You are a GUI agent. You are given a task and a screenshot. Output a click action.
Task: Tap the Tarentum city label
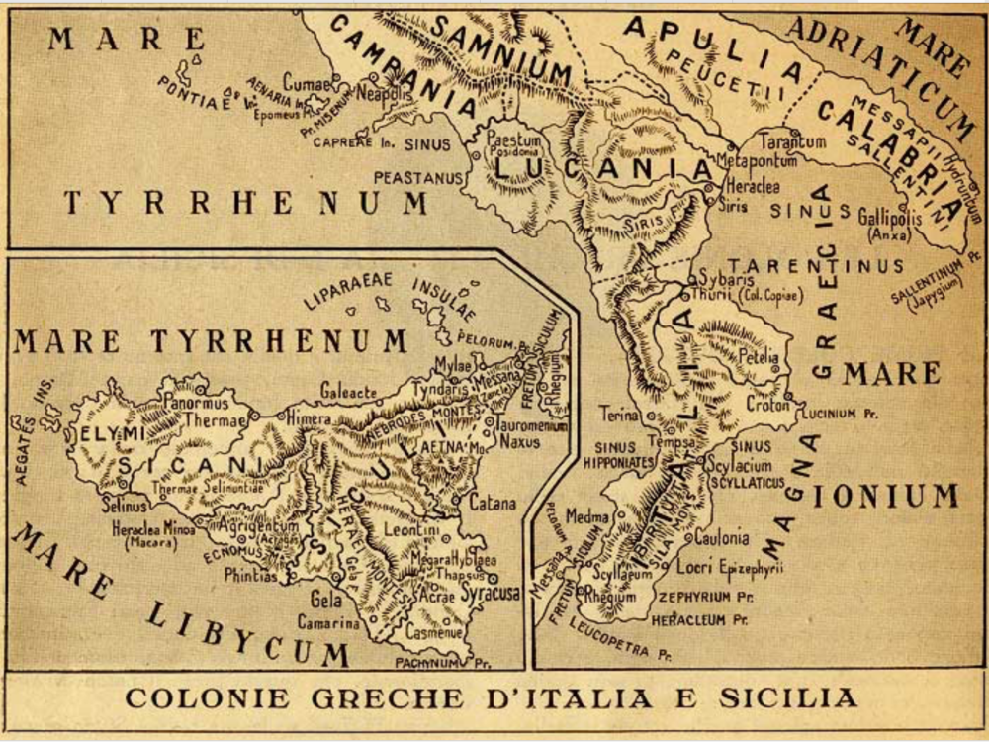tap(793, 141)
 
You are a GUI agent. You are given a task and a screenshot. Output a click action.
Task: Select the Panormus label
tap(195, 404)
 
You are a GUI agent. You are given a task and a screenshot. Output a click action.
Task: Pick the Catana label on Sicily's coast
tap(493, 504)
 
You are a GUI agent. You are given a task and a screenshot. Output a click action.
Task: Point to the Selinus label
tap(123, 507)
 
